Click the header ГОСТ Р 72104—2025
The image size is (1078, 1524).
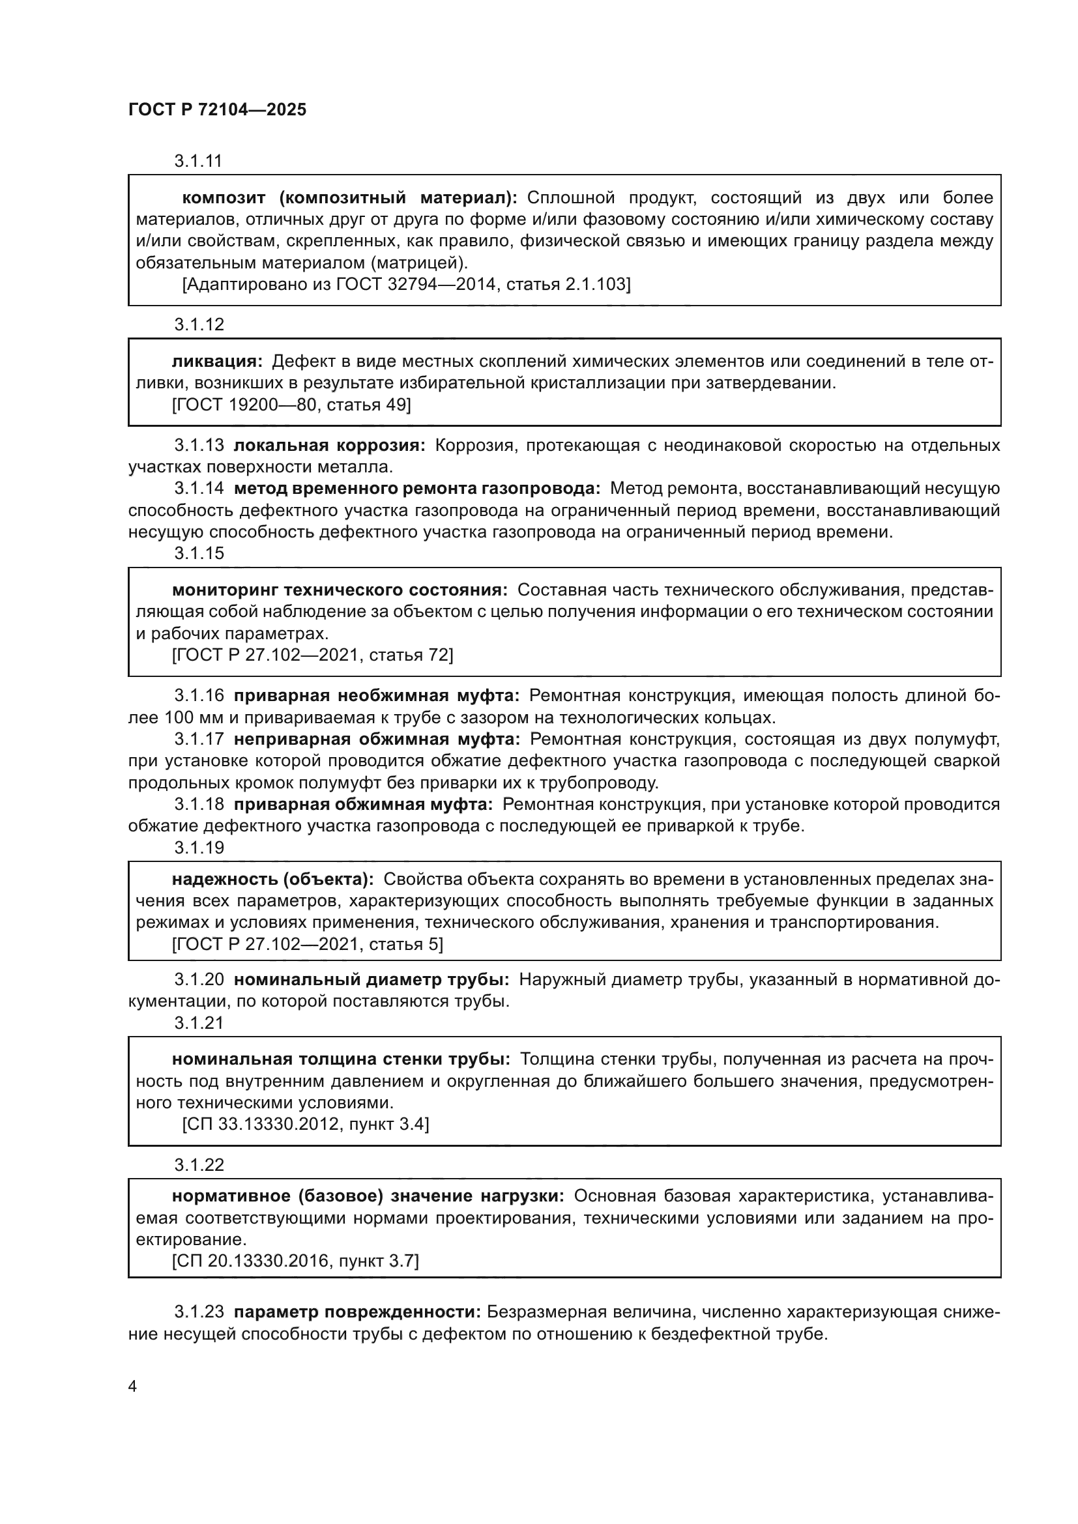pyautogui.click(x=217, y=110)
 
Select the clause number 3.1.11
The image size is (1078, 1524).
pyautogui.click(x=198, y=162)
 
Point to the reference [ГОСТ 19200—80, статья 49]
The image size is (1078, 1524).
pyautogui.click(x=291, y=404)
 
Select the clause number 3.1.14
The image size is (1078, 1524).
pyautogui.click(x=199, y=489)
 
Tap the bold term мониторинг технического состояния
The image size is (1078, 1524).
pyautogui.click(x=340, y=590)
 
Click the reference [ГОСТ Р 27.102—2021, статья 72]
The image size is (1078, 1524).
pyautogui.click(x=312, y=655)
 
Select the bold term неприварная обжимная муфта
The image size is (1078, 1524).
pyautogui.click(x=377, y=740)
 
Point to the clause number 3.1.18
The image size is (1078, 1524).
pyautogui.click(x=199, y=805)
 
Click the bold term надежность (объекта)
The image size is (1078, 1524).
pyautogui.click(x=272, y=880)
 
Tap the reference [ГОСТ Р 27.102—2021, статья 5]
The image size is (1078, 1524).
pyautogui.click(x=307, y=945)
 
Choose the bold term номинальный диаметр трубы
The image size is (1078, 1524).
pyautogui.click(x=371, y=980)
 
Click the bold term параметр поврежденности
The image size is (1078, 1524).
pyautogui.click(x=357, y=1312)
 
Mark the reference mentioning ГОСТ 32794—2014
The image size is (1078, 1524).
pyautogui.click(x=406, y=284)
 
